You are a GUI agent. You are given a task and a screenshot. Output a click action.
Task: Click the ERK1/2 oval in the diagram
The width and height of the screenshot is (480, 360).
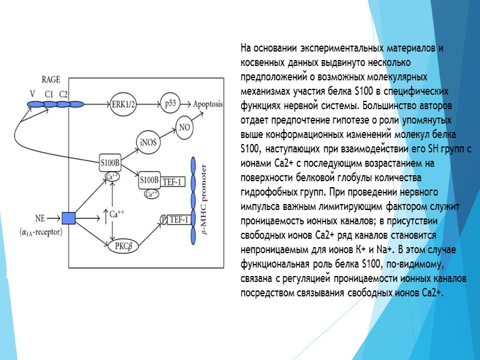click(x=124, y=104)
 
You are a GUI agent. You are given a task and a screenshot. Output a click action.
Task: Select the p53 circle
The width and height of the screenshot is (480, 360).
click(x=171, y=104)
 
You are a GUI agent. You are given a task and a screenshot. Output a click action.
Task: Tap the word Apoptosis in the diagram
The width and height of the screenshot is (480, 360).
click(x=208, y=104)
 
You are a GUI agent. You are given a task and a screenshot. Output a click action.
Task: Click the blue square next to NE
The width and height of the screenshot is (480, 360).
click(x=68, y=218)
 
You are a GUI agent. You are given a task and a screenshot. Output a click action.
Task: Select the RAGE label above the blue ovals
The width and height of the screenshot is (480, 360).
click(x=50, y=80)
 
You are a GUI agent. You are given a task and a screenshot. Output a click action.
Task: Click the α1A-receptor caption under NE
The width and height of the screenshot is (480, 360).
click(x=42, y=232)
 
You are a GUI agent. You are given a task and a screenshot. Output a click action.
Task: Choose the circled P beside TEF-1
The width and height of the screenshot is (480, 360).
click(x=163, y=220)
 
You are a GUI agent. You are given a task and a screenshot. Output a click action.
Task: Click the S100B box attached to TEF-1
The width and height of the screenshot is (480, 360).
click(x=149, y=180)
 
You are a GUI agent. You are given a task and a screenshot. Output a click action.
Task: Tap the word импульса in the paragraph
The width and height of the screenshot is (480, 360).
click(x=263, y=206)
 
